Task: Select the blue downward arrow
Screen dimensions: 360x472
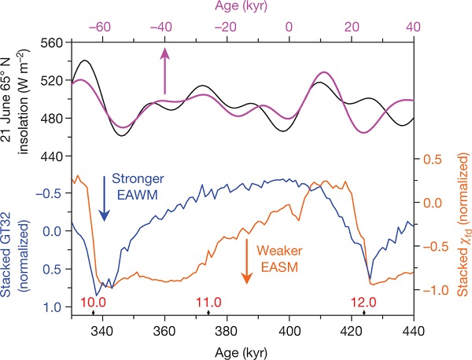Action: [105, 197]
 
